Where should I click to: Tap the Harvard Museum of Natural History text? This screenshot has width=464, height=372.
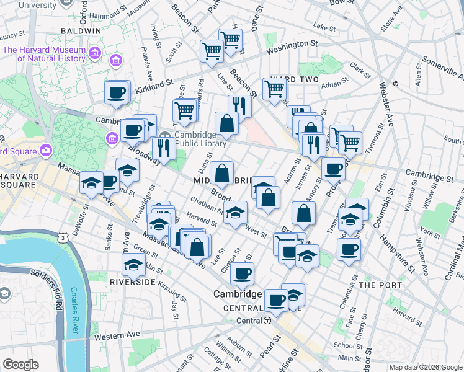point(43,55)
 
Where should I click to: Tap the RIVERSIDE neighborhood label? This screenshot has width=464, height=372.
point(133,281)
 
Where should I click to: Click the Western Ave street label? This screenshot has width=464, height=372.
point(117,335)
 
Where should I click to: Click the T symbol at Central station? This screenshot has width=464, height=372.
point(267,321)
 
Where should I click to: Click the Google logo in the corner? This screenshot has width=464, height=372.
point(20,365)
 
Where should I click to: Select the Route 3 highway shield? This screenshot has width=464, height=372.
point(61,237)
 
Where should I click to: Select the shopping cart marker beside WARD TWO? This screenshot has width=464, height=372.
point(274,88)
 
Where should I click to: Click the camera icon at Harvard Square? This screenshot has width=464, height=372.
point(45,150)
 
